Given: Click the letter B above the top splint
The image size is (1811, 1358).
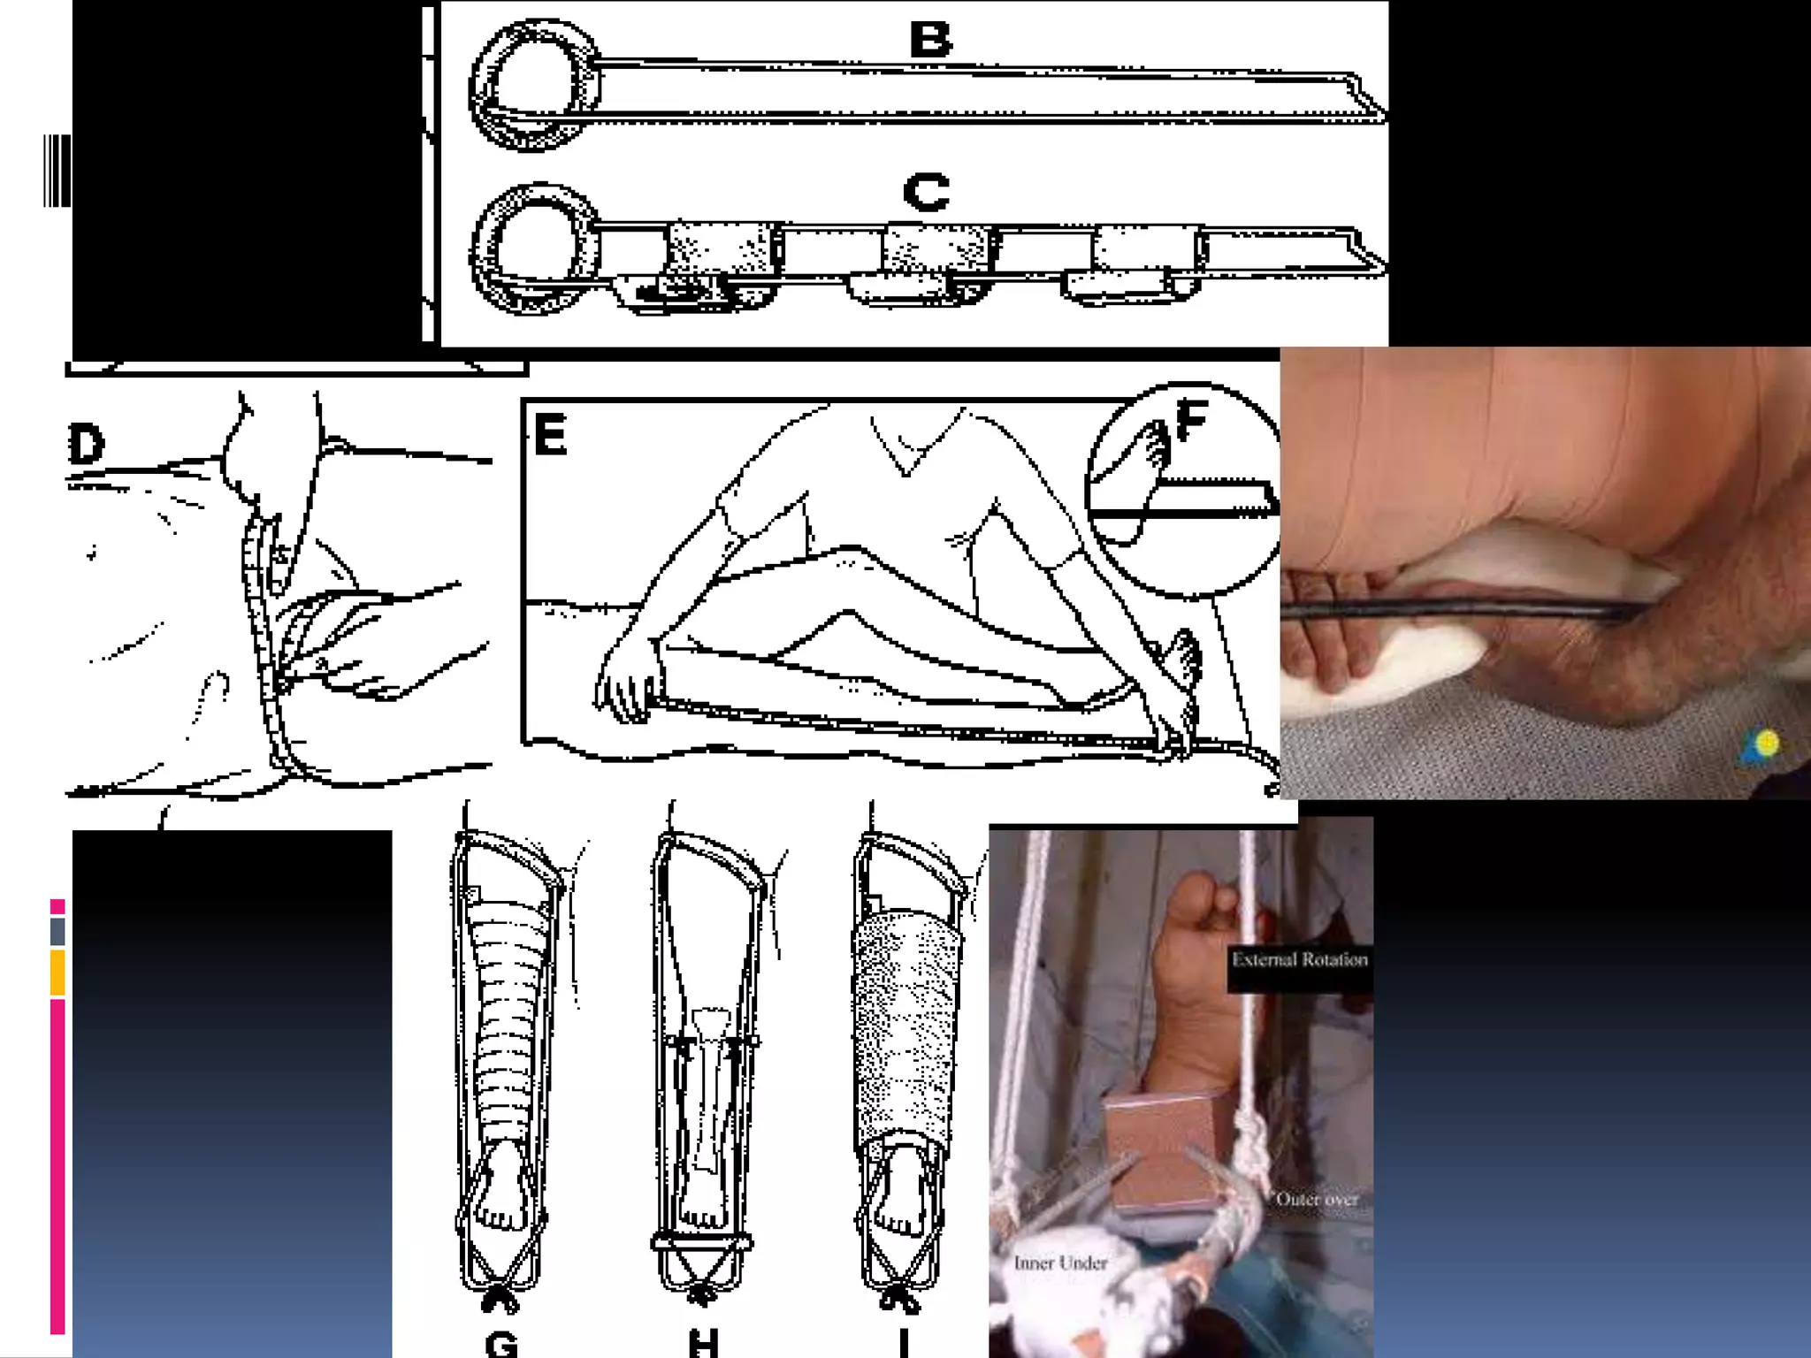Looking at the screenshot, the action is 930,40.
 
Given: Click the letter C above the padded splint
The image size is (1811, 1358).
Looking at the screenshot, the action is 927,192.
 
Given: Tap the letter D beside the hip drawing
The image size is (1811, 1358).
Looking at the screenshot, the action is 87,444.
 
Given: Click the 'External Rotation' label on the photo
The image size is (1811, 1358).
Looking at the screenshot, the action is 1300,959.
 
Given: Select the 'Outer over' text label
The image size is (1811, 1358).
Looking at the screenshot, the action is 1317,1200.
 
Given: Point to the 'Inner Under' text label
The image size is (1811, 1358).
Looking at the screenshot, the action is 1060,1263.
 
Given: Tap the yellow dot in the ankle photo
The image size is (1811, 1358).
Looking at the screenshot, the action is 1767,743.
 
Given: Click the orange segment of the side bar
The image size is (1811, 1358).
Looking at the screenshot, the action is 57,973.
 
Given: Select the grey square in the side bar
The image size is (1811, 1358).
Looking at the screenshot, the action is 57,931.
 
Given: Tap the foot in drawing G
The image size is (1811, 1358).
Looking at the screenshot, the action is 501,1185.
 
